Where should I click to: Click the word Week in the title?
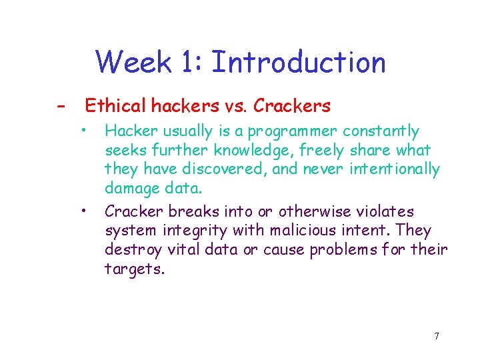coord(134,63)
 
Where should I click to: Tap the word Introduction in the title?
coord(297,63)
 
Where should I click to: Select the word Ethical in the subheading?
coord(114,105)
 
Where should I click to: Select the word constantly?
coord(381,131)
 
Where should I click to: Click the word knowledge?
coord(251,151)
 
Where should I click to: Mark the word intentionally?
coord(393,169)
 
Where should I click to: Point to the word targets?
coord(134,269)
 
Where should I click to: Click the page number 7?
coord(436,336)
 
